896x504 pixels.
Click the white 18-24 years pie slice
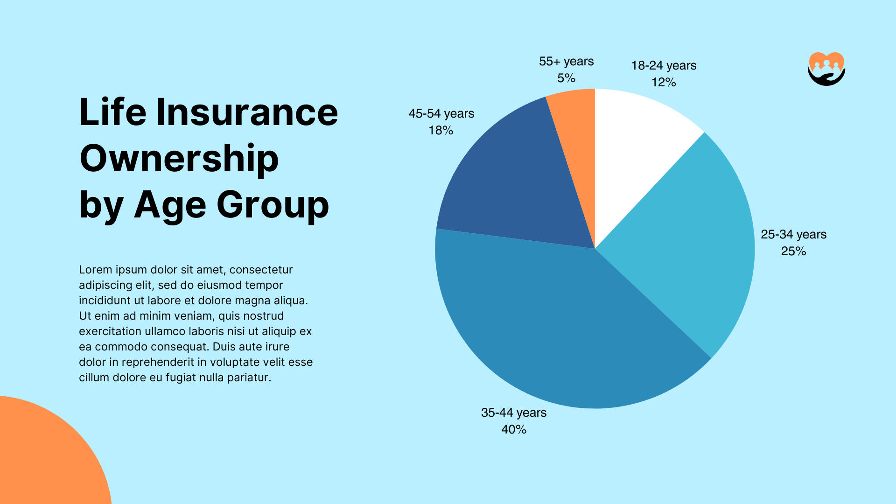[635, 149]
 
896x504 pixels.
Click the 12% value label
[664, 83]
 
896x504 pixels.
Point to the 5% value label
[566, 78]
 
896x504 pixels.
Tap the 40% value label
[514, 429]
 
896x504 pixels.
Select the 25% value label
[793, 252]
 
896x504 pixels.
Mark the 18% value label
[441, 131]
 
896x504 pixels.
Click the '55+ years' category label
[566, 62]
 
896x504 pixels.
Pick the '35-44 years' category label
[514, 413]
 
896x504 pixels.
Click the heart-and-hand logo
[826, 69]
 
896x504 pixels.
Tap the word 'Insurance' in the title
[247, 112]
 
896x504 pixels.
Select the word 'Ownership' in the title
[179, 159]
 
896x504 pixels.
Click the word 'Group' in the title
[273, 205]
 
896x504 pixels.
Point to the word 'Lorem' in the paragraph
[96, 270]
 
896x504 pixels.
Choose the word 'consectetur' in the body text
[261, 270]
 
